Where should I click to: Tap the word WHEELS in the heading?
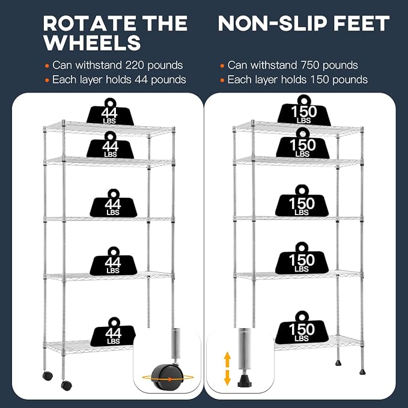(92, 43)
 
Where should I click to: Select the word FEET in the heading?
(361, 23)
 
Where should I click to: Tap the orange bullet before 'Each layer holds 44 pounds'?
(47, 80)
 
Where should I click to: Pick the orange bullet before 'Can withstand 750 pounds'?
(222, 66)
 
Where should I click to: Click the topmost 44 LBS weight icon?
(110, 112)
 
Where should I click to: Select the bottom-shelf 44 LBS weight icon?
(113, 332)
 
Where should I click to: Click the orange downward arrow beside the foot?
(227, 377)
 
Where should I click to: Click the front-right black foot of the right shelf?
(362, 372)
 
